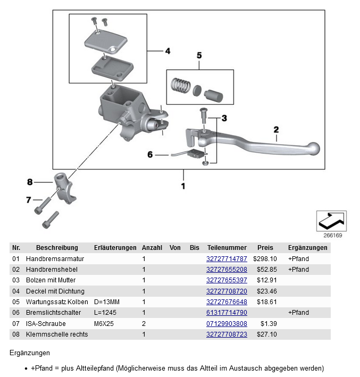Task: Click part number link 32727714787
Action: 227,259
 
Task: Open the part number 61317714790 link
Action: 227,313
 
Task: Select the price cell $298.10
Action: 264,259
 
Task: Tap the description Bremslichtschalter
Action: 51,313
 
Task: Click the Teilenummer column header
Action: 227,248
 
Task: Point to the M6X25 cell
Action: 104,323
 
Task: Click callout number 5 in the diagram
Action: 199,55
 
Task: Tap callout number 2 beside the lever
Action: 276,129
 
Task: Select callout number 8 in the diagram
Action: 30,182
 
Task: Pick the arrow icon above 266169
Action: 331,219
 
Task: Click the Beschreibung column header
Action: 57,248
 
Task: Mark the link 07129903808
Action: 227,323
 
